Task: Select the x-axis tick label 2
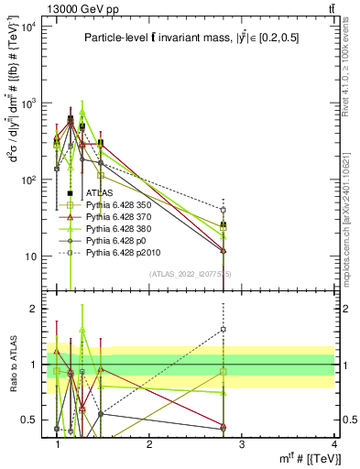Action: [150, 445]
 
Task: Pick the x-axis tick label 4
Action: [333, 445]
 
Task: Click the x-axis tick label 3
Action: [242, 445]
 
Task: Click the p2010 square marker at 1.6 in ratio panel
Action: [224, 329]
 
